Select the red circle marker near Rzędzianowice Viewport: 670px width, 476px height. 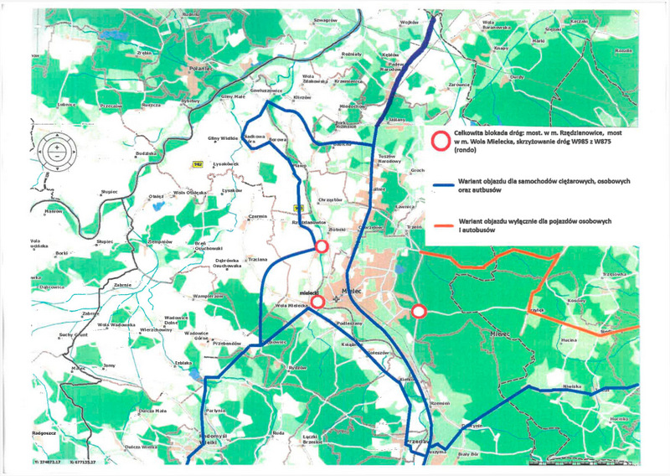coord(322,246)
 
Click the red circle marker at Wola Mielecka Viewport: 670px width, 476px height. coord(317,302)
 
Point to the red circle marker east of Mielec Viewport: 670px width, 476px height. coord(419,311)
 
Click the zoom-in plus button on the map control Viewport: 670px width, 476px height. coord(55,147)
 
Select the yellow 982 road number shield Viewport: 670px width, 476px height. coord(197,163)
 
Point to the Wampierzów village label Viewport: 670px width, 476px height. coord(206,297)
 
